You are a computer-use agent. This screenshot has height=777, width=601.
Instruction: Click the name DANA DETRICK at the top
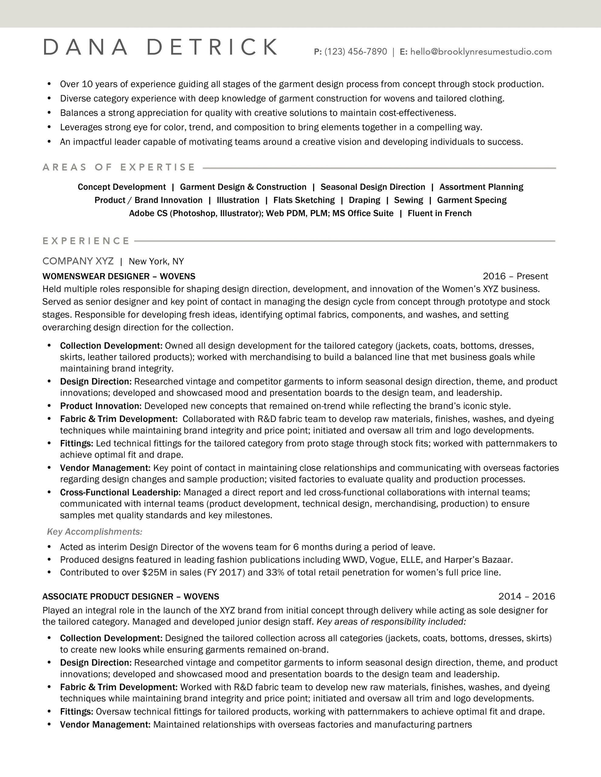160,48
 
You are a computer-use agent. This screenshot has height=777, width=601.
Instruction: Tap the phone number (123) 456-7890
355,52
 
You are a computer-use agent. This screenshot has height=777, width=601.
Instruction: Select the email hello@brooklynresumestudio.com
481,52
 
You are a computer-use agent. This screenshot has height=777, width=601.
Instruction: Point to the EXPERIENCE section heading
86,241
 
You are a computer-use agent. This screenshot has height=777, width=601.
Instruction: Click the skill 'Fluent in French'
439,213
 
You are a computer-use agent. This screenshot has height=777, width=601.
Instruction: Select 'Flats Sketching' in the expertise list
304,200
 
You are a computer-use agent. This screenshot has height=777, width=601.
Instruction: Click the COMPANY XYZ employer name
78,261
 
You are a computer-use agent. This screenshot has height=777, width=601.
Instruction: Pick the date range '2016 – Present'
515,276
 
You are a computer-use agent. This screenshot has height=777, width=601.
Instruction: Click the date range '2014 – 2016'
527,596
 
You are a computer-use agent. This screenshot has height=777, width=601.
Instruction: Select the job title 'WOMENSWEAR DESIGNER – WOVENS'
118,277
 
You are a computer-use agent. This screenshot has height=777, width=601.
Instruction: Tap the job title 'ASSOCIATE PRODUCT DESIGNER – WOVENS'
131,597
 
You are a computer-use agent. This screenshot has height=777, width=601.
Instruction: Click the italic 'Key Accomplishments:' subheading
95,531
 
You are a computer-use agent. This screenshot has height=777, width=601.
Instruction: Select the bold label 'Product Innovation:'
101,406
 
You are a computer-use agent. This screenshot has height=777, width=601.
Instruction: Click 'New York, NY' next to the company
156,262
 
